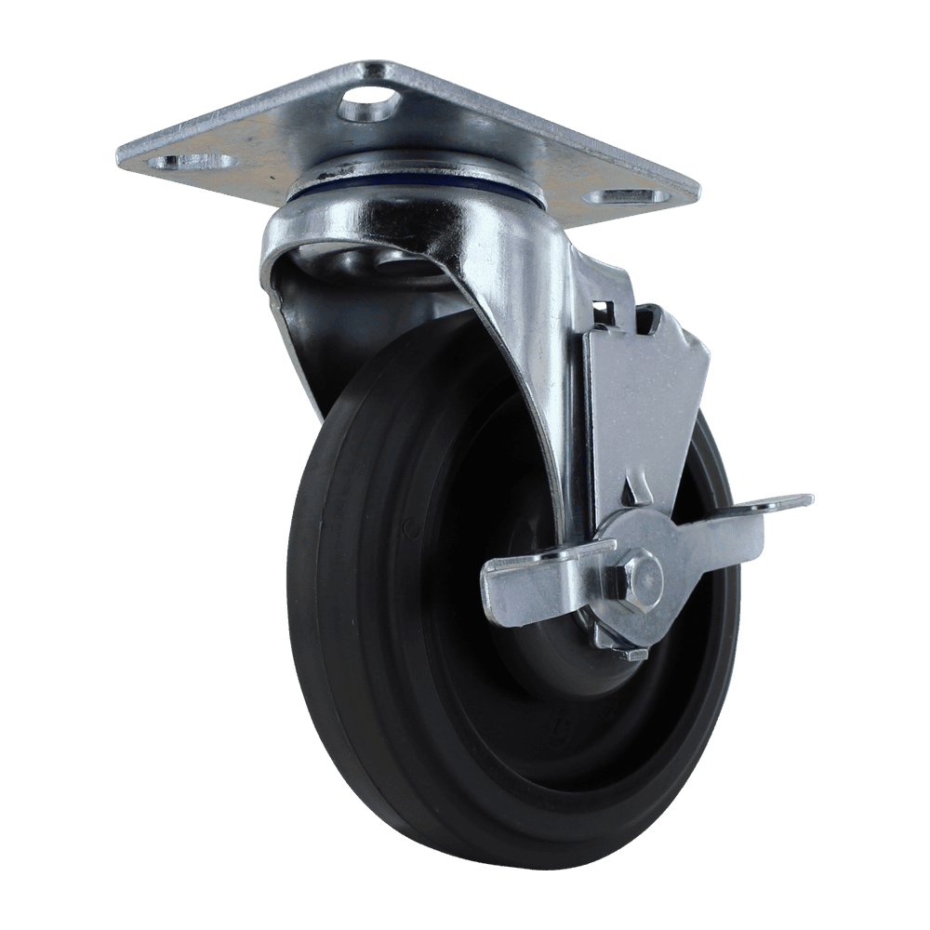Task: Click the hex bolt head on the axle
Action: [639, 581]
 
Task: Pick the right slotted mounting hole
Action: [631, 197]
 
